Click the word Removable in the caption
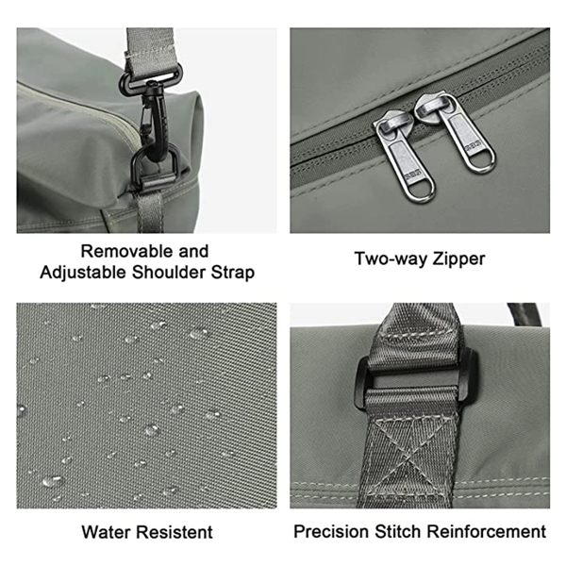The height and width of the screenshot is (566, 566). (x=126, y=251)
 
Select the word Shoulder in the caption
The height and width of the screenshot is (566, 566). (x=168, y=273)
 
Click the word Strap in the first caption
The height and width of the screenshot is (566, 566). (x=232, y=273)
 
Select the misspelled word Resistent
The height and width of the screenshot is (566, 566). (x=175, y=532)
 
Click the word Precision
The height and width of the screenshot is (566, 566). (x=331, y=532)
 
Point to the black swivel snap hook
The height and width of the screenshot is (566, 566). (x=156, y=119)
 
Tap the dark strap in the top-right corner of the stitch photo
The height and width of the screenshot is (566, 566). (x=524, y=314)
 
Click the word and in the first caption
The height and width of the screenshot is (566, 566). (x=193, y=251)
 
